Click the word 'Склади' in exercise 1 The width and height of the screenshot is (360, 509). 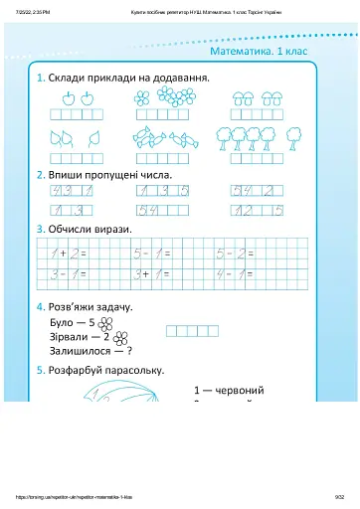pyautogui.click(x=68, y=77)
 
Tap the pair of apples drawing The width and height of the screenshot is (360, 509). pyautogui.click(x=77, y=97)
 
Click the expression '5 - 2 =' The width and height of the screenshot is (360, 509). pyautogui.click(x=236, y=254)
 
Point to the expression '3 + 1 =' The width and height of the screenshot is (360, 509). pyautogui.click(x=153, y=271)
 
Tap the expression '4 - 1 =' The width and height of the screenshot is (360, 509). pyautogui.click(x=236, y=271)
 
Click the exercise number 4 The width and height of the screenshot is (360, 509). pyautogui.click(x=40, y=307)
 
